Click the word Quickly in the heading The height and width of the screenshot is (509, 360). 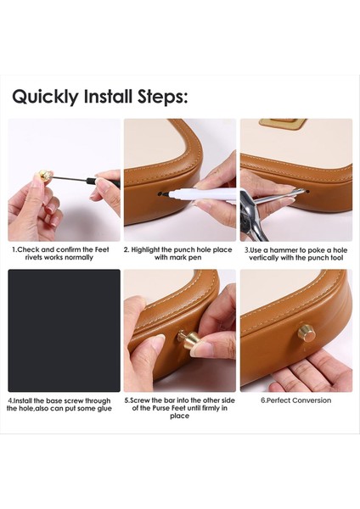(x=46, y=97)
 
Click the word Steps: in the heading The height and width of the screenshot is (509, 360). (x=163, y=97)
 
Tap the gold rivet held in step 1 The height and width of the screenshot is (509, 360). (x=45, y=176)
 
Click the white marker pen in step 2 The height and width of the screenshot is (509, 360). (x=201, y=194)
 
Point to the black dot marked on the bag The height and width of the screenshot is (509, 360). (x=160, y=194)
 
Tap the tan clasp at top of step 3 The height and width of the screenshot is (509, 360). (x=283, y=123)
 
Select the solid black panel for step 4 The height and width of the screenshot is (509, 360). (x=64, y=331)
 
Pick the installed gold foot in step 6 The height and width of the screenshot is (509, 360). (x=307, y=333)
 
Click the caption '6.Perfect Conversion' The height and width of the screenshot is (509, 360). (x=296, y=400)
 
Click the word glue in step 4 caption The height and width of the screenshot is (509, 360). (x=104, y=408)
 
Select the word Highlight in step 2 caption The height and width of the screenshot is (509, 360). (x=145, y=250)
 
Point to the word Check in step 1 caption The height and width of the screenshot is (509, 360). (x=29, y=249)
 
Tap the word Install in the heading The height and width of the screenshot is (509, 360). (x=108, y=97)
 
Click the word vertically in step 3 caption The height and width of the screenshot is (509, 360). (x=263, y=258)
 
